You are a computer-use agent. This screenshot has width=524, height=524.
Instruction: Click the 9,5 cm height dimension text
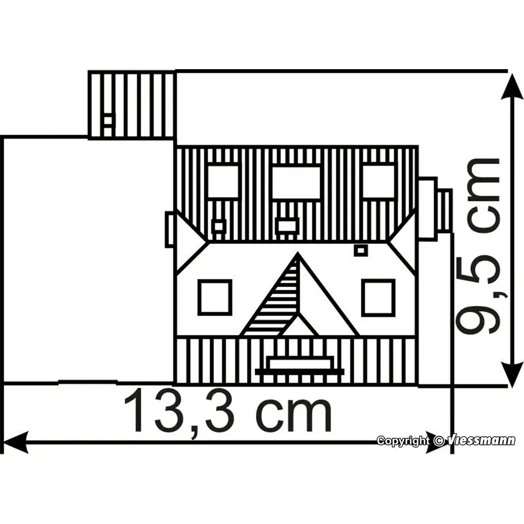(x=478, y=246)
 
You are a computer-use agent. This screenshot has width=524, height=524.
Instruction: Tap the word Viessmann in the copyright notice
(x=481, y=441)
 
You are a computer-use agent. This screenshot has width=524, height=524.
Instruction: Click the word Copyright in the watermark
(x=402, y=441)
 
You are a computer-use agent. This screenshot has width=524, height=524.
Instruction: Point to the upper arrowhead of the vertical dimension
(x=511, y=86)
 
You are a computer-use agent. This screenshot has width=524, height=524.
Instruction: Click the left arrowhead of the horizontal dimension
(x=15, y=442)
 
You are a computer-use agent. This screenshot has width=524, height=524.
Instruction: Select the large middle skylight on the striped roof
(x=296, y=182)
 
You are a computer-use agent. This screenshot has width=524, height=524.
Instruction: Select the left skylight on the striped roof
(x=223, y=181)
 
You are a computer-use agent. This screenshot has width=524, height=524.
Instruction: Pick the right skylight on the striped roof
(x=379, y=181)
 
